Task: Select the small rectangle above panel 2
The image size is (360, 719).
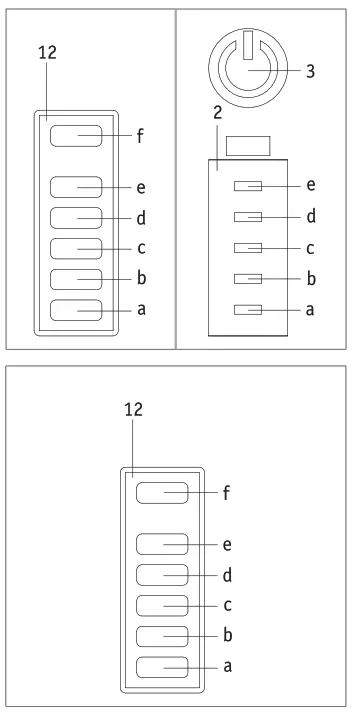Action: [247, 145]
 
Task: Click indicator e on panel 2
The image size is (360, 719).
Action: [248, 186]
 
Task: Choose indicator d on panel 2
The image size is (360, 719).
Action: [248, 216]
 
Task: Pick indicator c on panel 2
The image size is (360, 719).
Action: [248, 247]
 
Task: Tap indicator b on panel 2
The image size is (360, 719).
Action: [248, 279]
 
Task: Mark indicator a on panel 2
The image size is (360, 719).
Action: [248, 310]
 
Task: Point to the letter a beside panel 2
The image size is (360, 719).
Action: [310, 310]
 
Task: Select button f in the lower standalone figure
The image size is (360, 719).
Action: [162, 492]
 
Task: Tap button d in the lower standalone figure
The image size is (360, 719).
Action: [162, 574]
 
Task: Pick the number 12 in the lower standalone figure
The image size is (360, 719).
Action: [134, 408]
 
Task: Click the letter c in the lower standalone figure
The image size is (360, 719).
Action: [227, 605]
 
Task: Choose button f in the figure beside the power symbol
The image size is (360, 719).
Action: [76, 136]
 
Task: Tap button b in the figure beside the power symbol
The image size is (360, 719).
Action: [76, 279]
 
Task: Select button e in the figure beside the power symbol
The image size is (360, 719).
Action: [76, 186]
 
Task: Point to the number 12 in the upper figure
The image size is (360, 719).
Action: [47, 51]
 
